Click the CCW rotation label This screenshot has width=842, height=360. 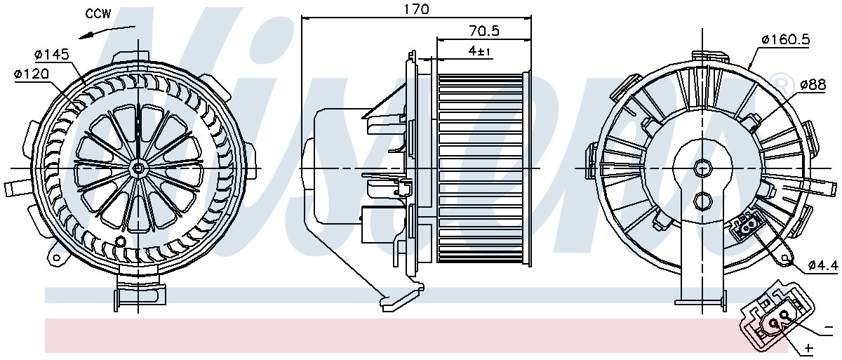98,13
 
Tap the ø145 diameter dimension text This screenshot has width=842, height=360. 52,55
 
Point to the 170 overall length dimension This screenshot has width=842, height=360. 416,8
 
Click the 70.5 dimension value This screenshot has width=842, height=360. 484,30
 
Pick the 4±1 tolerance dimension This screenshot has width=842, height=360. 479,51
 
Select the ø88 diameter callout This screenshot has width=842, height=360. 813,84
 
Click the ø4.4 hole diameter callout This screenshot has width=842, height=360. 823,266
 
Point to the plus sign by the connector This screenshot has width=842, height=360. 808,348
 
